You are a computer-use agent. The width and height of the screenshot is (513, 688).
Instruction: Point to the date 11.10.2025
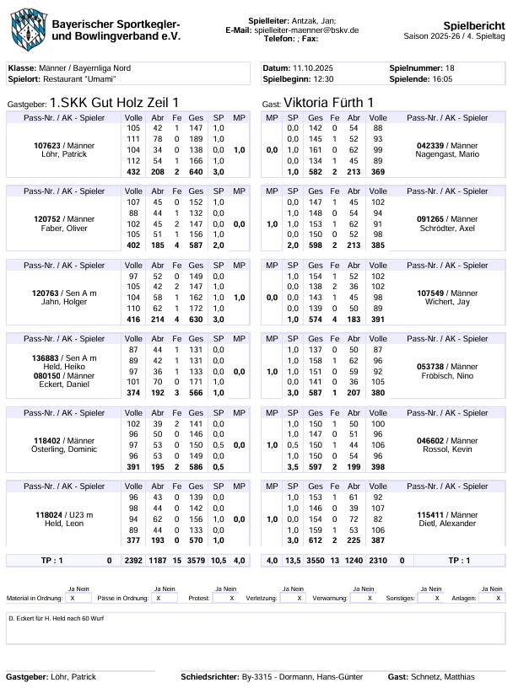pyautogui.click(x=313, y=67)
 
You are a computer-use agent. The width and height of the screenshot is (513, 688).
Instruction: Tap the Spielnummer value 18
pyautogui.click(x=450, y=67)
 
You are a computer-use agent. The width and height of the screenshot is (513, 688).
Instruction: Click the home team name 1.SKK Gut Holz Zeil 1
pyautogui.click(x=114, y=102)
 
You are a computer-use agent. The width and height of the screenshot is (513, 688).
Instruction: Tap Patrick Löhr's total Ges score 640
pyautogui.click(x=196, y=171)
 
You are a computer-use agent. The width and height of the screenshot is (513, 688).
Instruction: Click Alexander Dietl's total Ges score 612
pyautogui.click(x=316, y=540)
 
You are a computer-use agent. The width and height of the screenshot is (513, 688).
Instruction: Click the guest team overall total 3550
pyautogui.click(x=316, y=560)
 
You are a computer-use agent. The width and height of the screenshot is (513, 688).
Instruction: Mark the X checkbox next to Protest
pyautogui.click(x=230, y=598)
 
